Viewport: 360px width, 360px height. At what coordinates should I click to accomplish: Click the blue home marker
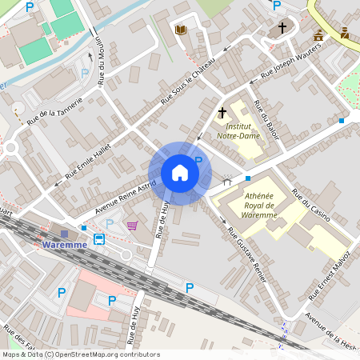click(x=179, y=173)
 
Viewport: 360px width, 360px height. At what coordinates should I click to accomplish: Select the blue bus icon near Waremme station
click(x=99, y=239)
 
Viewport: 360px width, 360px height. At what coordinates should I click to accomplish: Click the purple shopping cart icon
click(x=132, y=226)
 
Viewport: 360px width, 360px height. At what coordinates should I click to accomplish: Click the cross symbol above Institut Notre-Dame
click(x=222, y=114)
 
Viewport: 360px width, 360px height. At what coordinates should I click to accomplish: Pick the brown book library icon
click(x=181, y=30)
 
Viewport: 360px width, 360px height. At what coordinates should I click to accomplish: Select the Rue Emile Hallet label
click(x=86, y=158)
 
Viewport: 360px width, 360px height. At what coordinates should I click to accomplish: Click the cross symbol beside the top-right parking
click(x=282, y=28)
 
